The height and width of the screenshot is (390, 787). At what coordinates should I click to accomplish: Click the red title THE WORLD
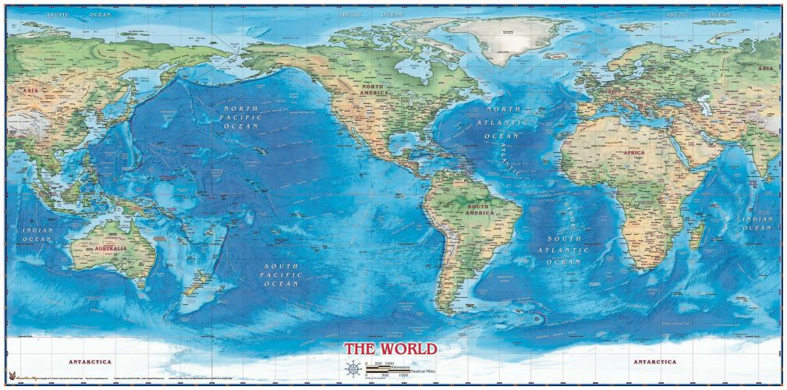[391, 349]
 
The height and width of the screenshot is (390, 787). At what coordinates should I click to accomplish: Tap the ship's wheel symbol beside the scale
[353, 368]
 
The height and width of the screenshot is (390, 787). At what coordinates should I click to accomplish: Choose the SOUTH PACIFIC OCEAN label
[282, 275]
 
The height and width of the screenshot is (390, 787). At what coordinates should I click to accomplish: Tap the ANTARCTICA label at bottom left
[90, 362]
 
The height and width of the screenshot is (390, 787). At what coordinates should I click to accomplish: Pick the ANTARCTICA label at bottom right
[655, 362]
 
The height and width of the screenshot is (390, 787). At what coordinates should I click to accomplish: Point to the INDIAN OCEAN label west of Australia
[37, 234]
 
